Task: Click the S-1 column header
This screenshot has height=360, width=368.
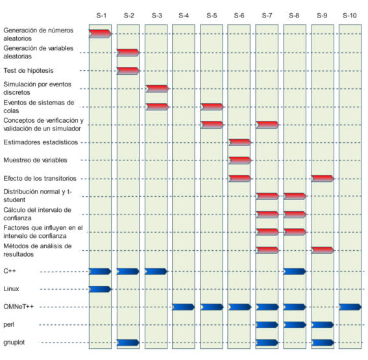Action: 101,16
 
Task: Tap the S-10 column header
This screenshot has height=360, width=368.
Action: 349,16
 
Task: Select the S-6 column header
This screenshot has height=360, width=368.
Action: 239,16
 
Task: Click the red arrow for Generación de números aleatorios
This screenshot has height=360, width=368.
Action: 100,34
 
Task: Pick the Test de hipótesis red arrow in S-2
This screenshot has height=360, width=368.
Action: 128,71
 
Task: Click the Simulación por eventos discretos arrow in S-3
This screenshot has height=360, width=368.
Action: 157,89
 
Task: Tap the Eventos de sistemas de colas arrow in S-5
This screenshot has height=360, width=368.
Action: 212,107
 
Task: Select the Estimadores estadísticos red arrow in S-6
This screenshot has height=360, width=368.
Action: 239,142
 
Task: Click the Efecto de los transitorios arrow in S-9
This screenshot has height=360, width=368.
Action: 323,179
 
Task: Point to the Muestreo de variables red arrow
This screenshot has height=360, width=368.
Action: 239,161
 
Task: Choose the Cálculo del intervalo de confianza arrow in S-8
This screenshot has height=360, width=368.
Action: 295,214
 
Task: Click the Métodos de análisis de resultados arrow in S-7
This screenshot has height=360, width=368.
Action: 267,250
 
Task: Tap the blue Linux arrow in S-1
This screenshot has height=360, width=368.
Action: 100,289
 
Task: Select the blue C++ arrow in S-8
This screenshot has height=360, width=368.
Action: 295,272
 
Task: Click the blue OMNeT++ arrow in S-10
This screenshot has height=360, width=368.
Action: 350,307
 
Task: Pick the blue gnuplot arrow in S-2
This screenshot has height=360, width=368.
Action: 128,342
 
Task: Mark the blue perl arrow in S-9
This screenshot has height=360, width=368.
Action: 323,325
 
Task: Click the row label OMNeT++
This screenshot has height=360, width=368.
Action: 19,307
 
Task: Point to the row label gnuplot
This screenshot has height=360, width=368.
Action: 14,342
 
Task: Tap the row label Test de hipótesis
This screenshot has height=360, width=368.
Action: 29,70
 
